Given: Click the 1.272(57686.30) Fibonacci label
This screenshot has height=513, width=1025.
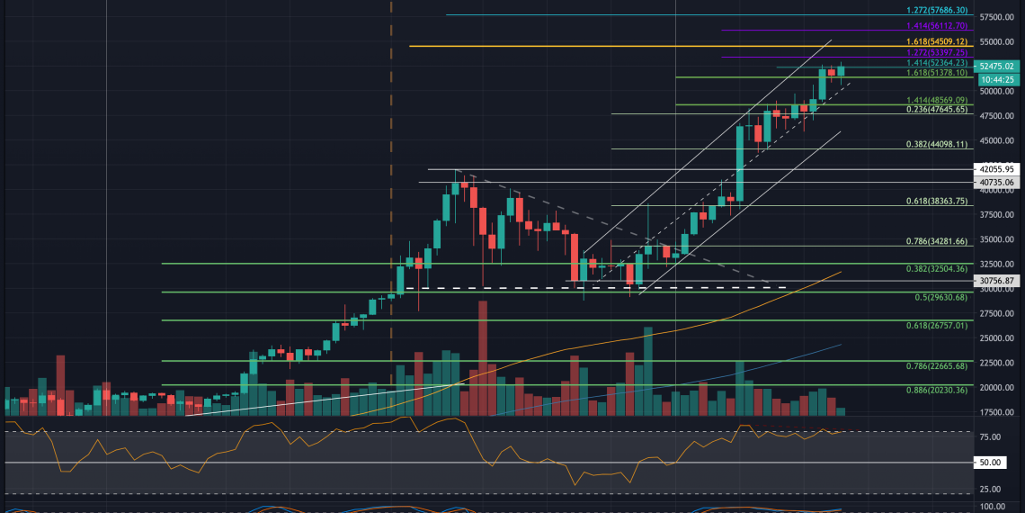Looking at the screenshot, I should click(937, 10).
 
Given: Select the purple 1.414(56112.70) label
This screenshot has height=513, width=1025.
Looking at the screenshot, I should click(937, 27).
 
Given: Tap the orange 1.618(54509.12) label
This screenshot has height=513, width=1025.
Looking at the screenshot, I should click(937, 41).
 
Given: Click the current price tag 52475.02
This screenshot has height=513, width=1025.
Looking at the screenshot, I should click(997, 66).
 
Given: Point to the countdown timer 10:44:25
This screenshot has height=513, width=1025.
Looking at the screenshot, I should click(997, 79).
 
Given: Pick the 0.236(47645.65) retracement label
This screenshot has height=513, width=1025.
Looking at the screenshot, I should click(937, 109).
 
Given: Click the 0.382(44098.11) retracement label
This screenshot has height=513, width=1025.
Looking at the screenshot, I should click(937, 144).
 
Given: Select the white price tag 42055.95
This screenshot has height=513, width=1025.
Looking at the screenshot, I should click(997, 168).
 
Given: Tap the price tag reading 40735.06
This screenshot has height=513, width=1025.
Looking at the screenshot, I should click(997, 182).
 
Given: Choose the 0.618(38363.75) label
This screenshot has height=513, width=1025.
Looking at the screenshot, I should click(937, 202).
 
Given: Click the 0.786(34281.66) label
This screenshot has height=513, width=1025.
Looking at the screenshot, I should click(937, 242).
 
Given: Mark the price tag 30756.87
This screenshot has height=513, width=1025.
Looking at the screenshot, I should click(997, 281).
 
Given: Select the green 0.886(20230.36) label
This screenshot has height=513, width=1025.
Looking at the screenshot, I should click(937, 390).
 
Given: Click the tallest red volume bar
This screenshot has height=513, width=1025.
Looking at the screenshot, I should click(483, 357).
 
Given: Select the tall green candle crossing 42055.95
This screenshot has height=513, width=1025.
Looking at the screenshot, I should click(740, 162).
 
